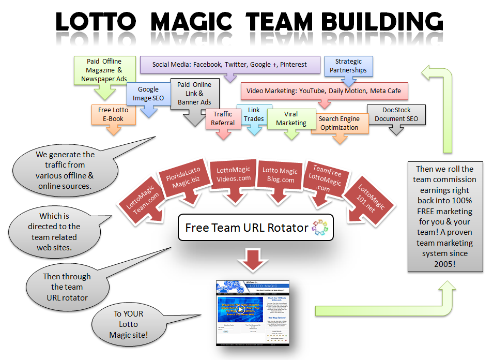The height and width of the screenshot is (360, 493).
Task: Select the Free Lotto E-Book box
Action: point(113,114)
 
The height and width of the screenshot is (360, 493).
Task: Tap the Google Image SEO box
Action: point(148,94)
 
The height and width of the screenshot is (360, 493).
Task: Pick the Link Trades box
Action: point(254,114)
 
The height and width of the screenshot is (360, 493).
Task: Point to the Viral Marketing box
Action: point(291,118)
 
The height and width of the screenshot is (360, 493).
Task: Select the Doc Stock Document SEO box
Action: point(396,114)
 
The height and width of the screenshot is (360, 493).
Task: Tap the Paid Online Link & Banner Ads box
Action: point(194,94)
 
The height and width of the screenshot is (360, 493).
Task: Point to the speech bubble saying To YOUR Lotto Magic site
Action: point(128,324)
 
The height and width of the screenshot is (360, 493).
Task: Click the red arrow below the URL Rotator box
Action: point(253,260)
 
